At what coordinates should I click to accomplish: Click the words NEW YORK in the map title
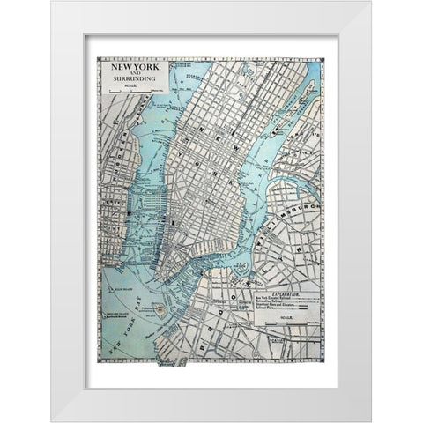click(130, 66)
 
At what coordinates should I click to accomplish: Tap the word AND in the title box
click(130, 73)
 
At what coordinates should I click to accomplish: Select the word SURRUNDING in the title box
click(130, 79)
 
